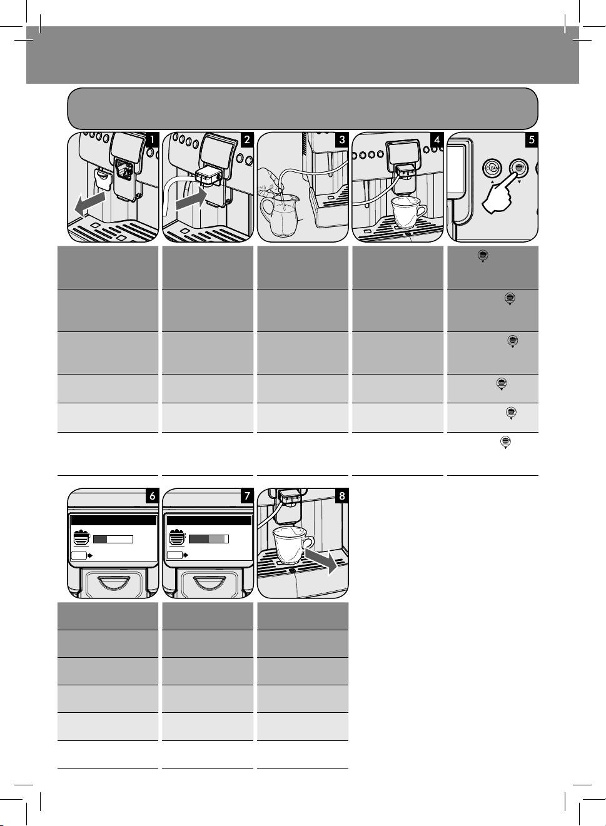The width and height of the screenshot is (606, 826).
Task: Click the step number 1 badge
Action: pyautogui.click(x=151, y=140)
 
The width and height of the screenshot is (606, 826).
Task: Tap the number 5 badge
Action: pyautogui.click(x=532, y=140)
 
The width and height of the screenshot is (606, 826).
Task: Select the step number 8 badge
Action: pyautogui.click(x=342, y=496)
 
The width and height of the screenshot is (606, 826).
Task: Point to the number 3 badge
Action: pyautogui.click(x=342, y=140)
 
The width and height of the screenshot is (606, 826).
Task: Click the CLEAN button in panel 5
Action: pyautogui.click(x=492, y=169)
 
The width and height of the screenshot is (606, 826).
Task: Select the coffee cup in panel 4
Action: pyautogui.click(x=407, y=213)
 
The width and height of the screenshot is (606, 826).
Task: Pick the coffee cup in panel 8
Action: pyautogui.click(x=292, y=545)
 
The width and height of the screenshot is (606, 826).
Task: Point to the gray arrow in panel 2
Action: pyautogui.click(x=190, y=199)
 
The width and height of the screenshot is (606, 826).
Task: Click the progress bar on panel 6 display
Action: pyautogui.click(x=113, y=539)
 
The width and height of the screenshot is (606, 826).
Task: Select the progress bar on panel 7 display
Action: pyautogui.click(x=209, y=539)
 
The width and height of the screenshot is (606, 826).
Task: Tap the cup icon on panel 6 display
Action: pyautogui.click(x=81, y=538)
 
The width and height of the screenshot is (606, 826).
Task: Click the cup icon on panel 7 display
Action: pyautogui.click(x=177, y=538)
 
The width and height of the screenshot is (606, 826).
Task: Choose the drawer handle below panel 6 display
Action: pyautogui.click(x=113, y=583)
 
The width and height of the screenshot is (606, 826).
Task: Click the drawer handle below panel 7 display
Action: pyautogui.click(x=208, y=583)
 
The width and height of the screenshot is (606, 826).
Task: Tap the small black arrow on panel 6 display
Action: pyautogui.click(x=90, y=555)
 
